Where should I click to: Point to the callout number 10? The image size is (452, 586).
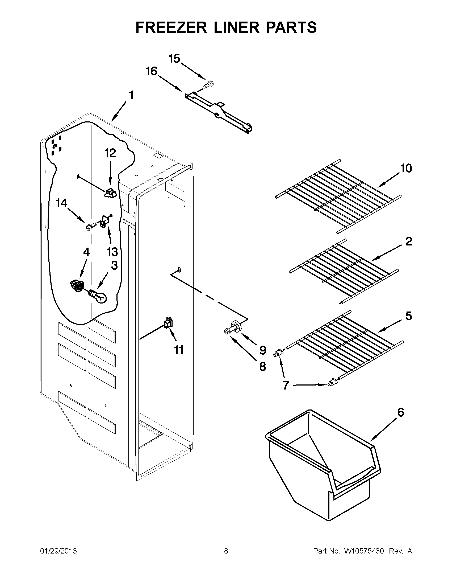tap(406, 168)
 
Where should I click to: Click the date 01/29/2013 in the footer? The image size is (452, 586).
tap(58, 551)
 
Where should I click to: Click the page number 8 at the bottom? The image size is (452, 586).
tap(226, 551)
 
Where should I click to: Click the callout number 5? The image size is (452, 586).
tap(408, 316)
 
